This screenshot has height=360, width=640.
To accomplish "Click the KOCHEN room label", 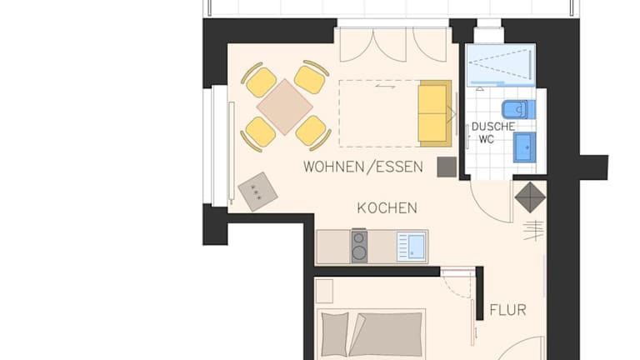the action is tap(387, 208).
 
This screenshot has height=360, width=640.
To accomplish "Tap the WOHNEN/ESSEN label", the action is tap(363, 167).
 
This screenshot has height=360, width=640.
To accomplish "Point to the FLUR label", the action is tap(507, 310).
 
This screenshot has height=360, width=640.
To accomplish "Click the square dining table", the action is tap(284, 107).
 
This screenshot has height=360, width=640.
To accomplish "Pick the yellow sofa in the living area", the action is tap(435, 113).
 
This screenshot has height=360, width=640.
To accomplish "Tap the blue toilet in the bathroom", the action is tap(518, 109).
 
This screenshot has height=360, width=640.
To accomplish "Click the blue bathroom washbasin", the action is tap(524, 147).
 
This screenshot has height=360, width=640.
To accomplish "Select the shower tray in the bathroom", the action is tap(501, 64).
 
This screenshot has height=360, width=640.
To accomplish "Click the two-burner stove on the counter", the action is tap(359, 246).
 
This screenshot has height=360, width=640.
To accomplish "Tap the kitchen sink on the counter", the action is tap(412, 247).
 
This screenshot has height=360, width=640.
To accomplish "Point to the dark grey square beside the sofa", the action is tap(447, 167).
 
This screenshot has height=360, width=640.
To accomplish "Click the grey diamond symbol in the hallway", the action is tap(530, 197).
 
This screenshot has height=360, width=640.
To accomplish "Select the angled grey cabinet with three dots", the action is tap(257, 192).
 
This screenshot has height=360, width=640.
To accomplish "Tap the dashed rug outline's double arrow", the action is tap(385, 87).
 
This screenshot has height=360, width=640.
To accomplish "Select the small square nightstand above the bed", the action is tap(325, 291).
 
